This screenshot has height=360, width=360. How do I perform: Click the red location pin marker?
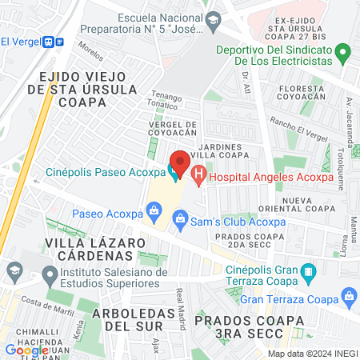pos(180,163)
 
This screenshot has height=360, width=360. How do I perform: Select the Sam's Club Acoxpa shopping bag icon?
pos(181,217)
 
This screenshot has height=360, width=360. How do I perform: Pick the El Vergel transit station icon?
pos(50,42)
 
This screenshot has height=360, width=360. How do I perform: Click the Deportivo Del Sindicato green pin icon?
pos(342,55)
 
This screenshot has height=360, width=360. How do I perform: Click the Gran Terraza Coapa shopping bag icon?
pos(349,298)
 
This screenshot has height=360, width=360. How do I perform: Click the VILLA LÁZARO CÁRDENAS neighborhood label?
pos(88,249)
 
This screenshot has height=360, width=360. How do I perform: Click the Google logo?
pos(26,350)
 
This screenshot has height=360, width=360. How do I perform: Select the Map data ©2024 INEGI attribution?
pos(311,353)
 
